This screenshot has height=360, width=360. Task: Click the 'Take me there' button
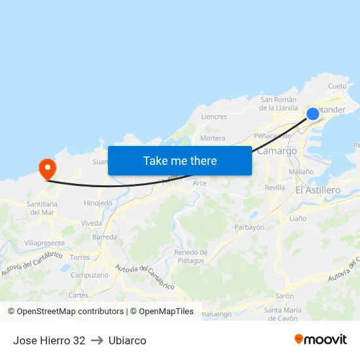180,160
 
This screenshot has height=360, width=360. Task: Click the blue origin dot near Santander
313,114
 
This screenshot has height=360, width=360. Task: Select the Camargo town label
278,151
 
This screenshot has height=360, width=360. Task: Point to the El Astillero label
317,190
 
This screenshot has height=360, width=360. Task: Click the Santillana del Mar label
41,208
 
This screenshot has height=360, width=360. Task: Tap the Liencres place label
214,117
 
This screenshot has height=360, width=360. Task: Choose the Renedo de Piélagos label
190,256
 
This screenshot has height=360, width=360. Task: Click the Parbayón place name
249,227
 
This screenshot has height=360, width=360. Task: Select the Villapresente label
45,242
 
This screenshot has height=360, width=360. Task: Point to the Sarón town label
284,296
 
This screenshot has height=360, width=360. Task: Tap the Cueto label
337,86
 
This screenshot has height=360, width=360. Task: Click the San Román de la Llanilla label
278,103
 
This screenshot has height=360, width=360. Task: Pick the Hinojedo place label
98,204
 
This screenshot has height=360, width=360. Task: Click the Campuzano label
89,276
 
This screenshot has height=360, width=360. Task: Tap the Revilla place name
275,187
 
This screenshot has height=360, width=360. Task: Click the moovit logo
321,339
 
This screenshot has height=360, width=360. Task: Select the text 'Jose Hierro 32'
49,340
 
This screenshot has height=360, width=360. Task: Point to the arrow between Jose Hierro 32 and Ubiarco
97,340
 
